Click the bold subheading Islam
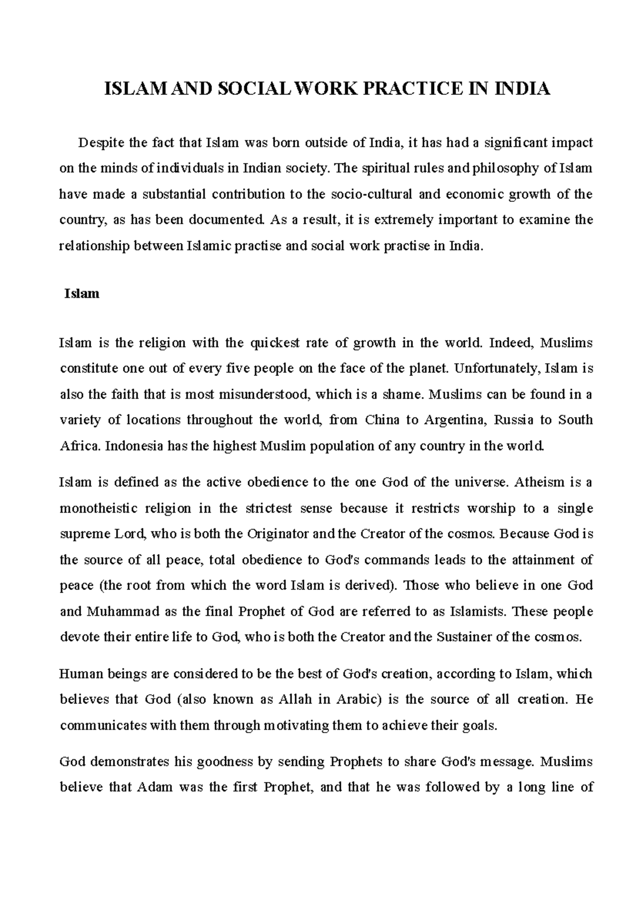(x=82, y=294)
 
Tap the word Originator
(x=279, y=534)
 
